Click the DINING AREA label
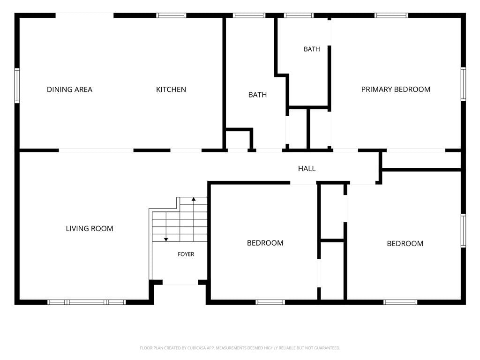coord(69,90)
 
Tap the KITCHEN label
coord(171,90)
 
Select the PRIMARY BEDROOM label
coord(396,90)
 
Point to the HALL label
coord(307,168)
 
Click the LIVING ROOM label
coord(90,228)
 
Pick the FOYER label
coord(186,254)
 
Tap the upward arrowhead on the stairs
coord(194,199)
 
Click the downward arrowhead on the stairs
coord(166,240)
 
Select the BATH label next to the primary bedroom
coord(312,49)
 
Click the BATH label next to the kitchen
coord(257,95)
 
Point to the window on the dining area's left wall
coord(17,85)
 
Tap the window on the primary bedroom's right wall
coord(463,84)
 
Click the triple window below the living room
coord(87,302)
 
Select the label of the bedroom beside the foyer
coord(265,243)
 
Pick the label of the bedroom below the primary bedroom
coord(405,244)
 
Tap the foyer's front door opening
coord(180,283)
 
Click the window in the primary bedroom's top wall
coord(391,15)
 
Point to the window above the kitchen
coord(171,15)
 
